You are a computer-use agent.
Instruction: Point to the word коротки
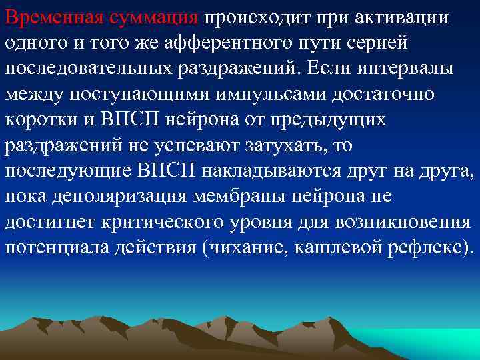point(39,119)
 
